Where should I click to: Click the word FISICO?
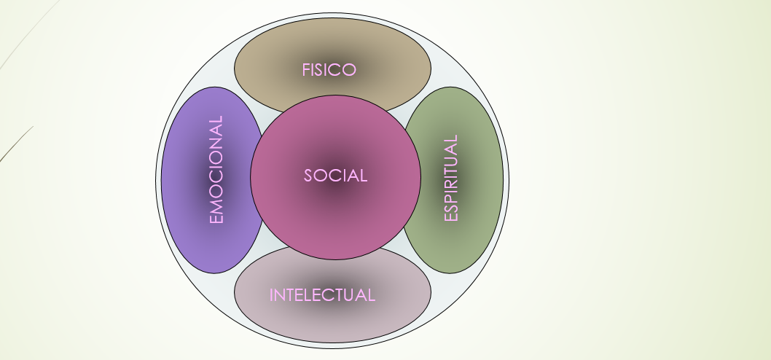coord(329,70)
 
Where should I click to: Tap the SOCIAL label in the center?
coord(335,176)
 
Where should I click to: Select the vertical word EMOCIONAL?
coord(216,170)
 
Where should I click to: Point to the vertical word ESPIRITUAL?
coord(451,179)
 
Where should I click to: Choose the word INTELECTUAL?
coord(322,295)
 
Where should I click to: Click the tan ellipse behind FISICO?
coord(394,51)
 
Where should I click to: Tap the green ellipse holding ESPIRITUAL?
coord(481,182)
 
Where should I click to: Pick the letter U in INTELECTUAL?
coord(356,295)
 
